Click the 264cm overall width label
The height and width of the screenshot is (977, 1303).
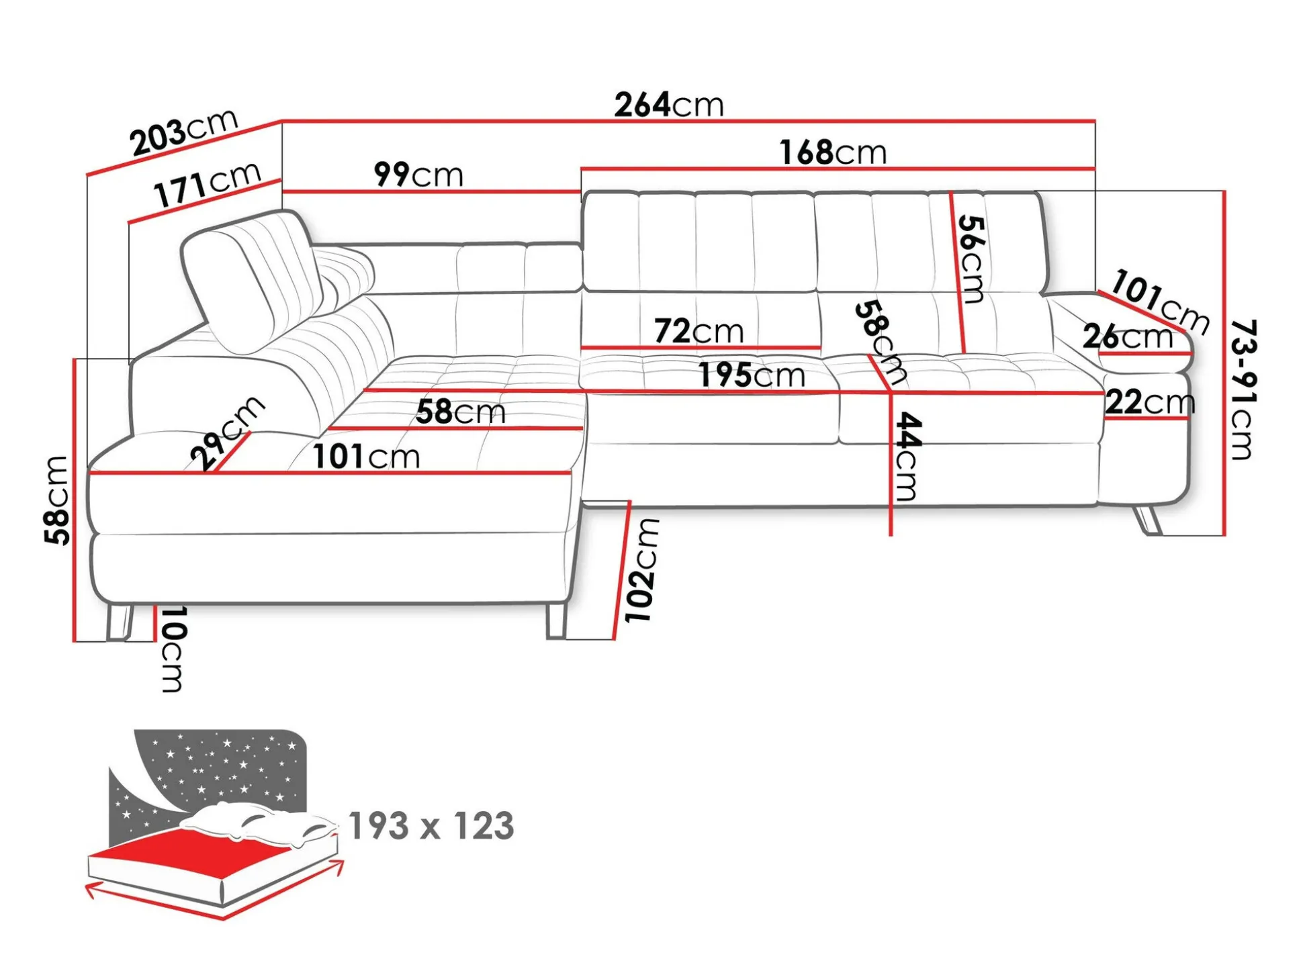click(x=669, y=105)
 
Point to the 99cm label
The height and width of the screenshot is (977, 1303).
click(x=418, y=175)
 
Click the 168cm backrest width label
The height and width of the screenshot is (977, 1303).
click(x=833, y=152)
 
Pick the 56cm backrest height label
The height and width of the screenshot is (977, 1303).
click(x=971, y=259)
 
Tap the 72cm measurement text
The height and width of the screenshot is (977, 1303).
click(x=699, y=331)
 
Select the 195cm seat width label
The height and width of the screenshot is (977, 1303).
click(x=752, y=375)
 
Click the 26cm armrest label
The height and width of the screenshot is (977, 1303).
click(x=1128, y=336)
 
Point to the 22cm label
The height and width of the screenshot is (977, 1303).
click(x=1150, y=402)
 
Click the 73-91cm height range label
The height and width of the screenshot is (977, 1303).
click(x=1243, y=389)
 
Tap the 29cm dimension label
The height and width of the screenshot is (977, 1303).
click(x=227, y=433)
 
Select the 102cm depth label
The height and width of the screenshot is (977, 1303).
click(x=642, y=570)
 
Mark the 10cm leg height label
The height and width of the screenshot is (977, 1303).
click(x=172, y=649)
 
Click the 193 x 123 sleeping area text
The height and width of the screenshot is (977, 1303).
click(x=431, y=825)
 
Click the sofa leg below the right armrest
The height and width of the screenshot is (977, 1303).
click(x=1147, y=520)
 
